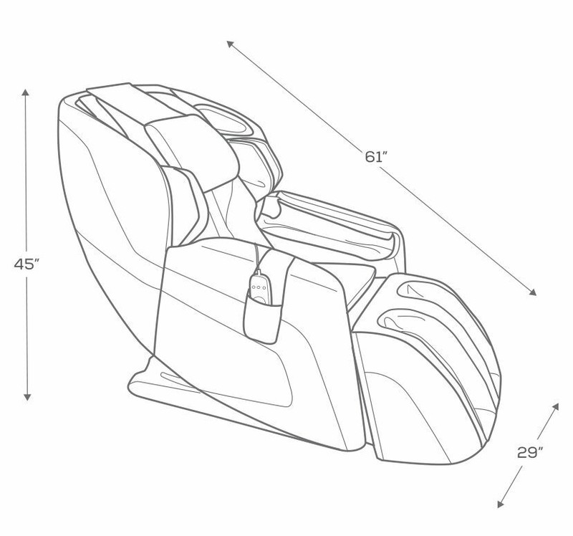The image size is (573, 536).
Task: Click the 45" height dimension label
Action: click(27, 263)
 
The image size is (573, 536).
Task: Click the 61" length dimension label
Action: click(376, 156)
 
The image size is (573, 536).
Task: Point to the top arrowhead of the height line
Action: click(25, 92)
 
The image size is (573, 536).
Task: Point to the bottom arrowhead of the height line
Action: click(27, 397)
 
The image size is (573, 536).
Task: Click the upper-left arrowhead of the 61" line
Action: click(230, 44)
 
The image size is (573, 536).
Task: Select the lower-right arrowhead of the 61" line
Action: click(533, 292)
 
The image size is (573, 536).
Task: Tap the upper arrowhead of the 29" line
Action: click(556, 406)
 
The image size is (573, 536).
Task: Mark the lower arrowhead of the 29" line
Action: click(501, 504)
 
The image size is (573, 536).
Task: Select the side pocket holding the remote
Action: click(262, 315)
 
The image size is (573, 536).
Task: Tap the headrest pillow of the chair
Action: click(193, 150)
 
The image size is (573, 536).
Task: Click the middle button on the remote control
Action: click(259, 287)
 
